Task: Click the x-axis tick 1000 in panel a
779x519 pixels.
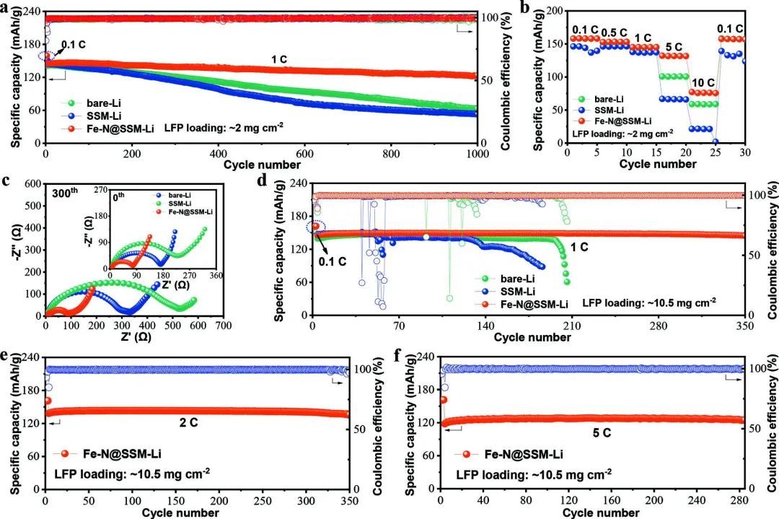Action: click(x=477, y=154)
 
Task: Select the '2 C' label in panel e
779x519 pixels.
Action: click(x=188, y=422)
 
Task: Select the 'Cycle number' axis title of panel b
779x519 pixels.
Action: click(x=655, y=165)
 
